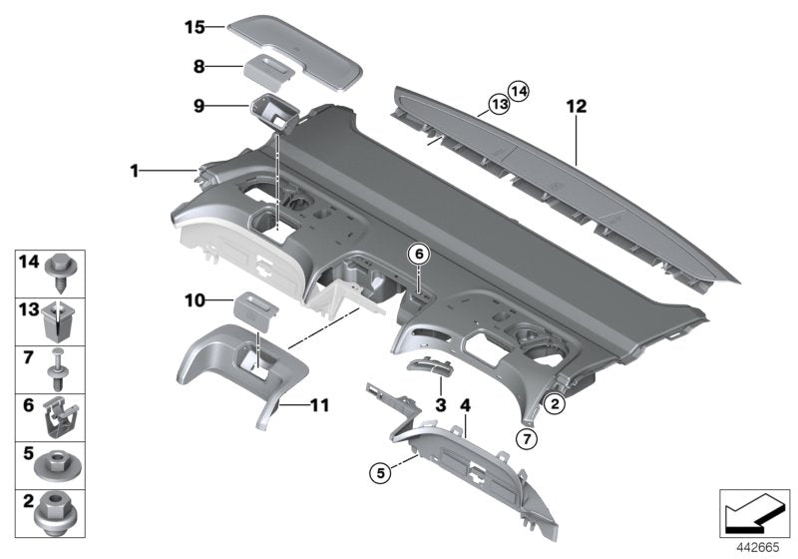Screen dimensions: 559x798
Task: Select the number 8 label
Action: click(x=199, y=68)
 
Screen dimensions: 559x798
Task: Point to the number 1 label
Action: click(x=135, y=172)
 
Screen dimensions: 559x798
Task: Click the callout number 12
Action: click(x=576, y=106)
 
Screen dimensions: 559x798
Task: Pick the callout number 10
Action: click(x=195, y=299)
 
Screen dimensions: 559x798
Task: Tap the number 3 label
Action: click(x=440, y=404)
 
